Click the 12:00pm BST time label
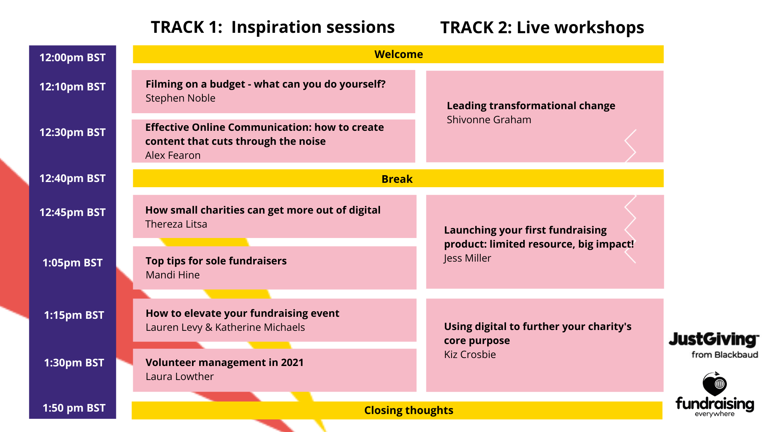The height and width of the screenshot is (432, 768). click(x=72, y=58)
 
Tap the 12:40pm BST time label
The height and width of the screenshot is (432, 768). click(x=72, y=178)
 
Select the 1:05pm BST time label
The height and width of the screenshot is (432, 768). click(x=72, y=263)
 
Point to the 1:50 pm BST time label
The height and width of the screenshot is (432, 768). click(x=74, y=408)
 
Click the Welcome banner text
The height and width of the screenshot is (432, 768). click(x=398, y=54)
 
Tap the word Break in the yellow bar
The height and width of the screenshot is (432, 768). click(x=397, y=179)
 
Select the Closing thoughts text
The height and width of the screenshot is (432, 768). click(x=408, y=410)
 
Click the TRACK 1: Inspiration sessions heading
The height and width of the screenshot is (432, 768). click(x=273, y=27)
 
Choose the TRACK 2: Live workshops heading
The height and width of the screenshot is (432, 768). click(x=542, y=28)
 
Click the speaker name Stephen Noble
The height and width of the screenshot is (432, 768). click(x=180, y=98)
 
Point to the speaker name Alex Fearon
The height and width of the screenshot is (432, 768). click(x=173, y=155)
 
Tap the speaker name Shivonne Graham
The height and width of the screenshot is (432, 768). click(x=489, y=120)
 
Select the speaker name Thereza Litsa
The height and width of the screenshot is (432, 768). click(x=176, y=224)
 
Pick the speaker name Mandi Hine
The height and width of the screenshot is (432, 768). click(x=172, y=275)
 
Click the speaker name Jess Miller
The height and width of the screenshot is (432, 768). click(x=467, y=258)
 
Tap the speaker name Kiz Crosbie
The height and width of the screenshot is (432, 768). click(x=470, y=354)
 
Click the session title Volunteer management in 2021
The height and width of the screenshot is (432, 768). click(x=224, y=362)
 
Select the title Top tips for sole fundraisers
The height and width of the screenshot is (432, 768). click(x=216, y=261)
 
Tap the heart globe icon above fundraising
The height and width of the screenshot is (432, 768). click(x=715, y=384)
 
